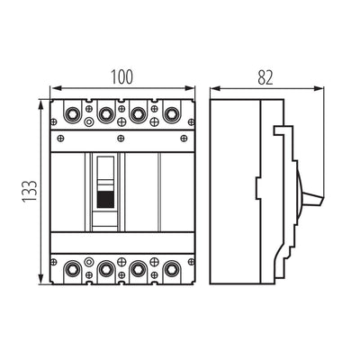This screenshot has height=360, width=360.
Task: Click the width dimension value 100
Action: tap(121, 76)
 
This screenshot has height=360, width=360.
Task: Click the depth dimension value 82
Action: tap(265, 77)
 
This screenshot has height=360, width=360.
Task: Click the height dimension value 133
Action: tap(31, 192)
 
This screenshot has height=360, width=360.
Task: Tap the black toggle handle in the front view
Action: tap(105, 199)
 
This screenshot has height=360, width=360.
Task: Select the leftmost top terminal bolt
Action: tap(72, 113)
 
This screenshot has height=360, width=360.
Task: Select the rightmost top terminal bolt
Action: tap(171, 113)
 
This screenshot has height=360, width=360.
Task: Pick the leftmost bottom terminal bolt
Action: tap(72, 269)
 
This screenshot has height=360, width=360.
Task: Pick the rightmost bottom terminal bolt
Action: tap(171, 269)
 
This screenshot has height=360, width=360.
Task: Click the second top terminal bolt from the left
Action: tap(105, 113)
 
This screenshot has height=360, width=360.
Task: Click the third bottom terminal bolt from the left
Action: tap(138, 269)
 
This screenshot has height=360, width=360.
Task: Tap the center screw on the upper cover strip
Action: tap(121, 138)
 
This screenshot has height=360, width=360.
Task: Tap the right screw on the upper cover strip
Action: tap(184, 138)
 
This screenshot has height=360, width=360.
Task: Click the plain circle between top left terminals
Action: tap(88, 121)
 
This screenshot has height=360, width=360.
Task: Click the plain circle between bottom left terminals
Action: tap(88, 262)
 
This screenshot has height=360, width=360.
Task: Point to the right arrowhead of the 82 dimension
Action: tap(319, 88)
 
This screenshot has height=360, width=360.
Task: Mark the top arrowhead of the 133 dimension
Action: tap(41, 105)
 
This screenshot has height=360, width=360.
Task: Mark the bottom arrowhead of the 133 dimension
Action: tap(41, 278)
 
